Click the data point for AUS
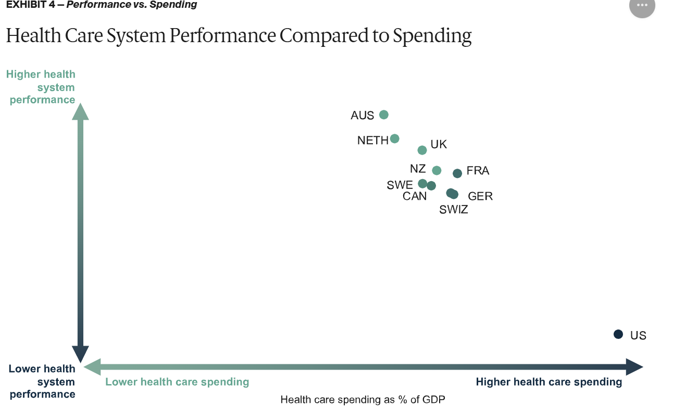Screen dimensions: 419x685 coord(384,115)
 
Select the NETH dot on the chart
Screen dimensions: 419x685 coord(394,138)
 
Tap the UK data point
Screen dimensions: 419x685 coord(422,150)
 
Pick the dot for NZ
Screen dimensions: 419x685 coord(437,170)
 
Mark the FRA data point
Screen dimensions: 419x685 coord(457,173)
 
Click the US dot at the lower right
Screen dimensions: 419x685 coord(618,334)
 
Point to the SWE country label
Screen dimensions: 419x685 coord(400,185)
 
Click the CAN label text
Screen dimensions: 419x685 coord(415,196)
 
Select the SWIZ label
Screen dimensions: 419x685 coord(453,210)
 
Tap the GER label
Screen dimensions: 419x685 coord(480,196)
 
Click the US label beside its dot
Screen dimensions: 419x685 coord(638,335)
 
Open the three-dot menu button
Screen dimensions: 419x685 coord(642,6)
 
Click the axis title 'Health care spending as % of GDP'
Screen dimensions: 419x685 coord(363,400)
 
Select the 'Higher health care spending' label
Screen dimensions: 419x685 coord(549,382)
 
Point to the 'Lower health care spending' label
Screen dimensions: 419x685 coord(177,382)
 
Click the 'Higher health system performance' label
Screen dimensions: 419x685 coord(42,87)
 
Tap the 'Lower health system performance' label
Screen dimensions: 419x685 coord(42,382)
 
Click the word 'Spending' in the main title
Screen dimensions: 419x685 coord(432,35)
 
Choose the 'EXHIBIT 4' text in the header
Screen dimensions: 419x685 coord(30,5)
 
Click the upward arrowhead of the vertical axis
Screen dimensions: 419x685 coord(80,111)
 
